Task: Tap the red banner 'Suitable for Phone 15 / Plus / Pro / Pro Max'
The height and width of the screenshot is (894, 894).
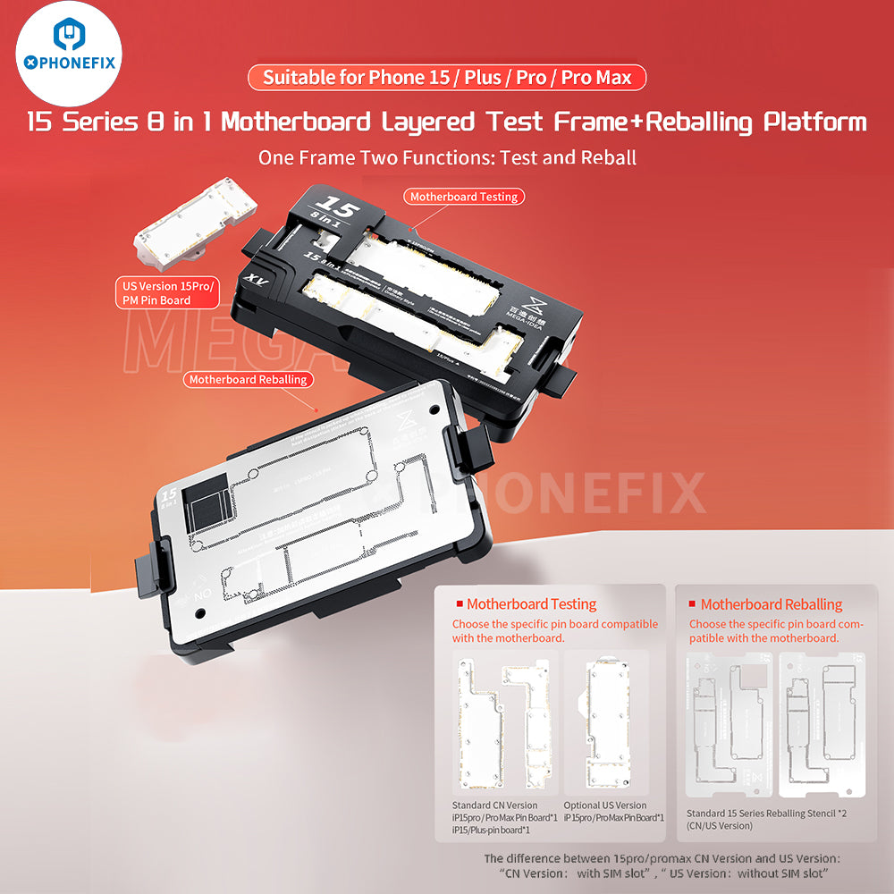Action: click(x=446, y=78)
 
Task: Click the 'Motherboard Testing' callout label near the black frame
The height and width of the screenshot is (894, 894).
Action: click(x=464, y=196)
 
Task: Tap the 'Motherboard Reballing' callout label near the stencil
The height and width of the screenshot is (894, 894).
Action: click(x=248, y=379)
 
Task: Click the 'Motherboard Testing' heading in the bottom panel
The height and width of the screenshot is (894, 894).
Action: click(x=531, y=604)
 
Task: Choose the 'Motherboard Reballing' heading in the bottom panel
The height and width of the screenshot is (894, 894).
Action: click(x=771, y=604)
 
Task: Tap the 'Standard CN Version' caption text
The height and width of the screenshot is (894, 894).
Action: click(x=495, y=805)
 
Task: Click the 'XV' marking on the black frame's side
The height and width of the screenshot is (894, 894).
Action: click(x=251, y=280)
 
